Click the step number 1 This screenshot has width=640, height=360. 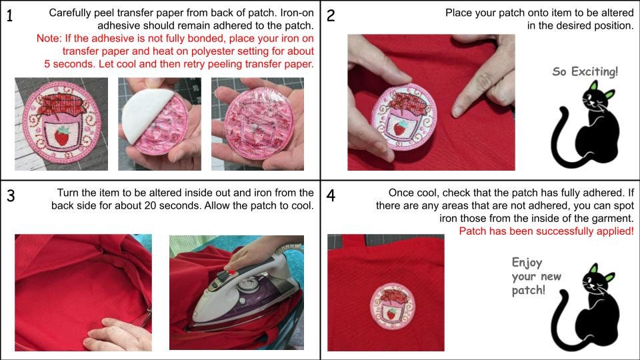tap(10, 15)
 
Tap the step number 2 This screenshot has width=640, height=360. tap(331, 15)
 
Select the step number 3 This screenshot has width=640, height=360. tap(11, 195)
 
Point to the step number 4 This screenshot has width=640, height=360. tap(331, 195)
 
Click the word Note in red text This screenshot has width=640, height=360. tap(48, 39)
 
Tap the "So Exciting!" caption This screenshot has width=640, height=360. tap(585, 72)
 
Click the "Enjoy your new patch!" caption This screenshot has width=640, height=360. tap(536, 276)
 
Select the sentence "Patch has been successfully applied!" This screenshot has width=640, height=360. tap(547, 231)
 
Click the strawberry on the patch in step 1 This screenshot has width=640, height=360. tap(62, 136)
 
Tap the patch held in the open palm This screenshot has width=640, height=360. tap(257, 123)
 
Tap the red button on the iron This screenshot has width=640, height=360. tap(231, 272)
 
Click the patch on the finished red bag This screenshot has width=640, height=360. tap(392, 305)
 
